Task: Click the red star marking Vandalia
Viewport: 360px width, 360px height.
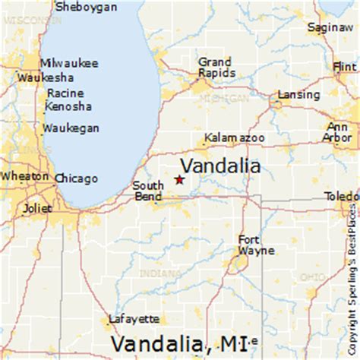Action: point(179,180)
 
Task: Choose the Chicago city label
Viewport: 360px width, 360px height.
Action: point(77,179)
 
